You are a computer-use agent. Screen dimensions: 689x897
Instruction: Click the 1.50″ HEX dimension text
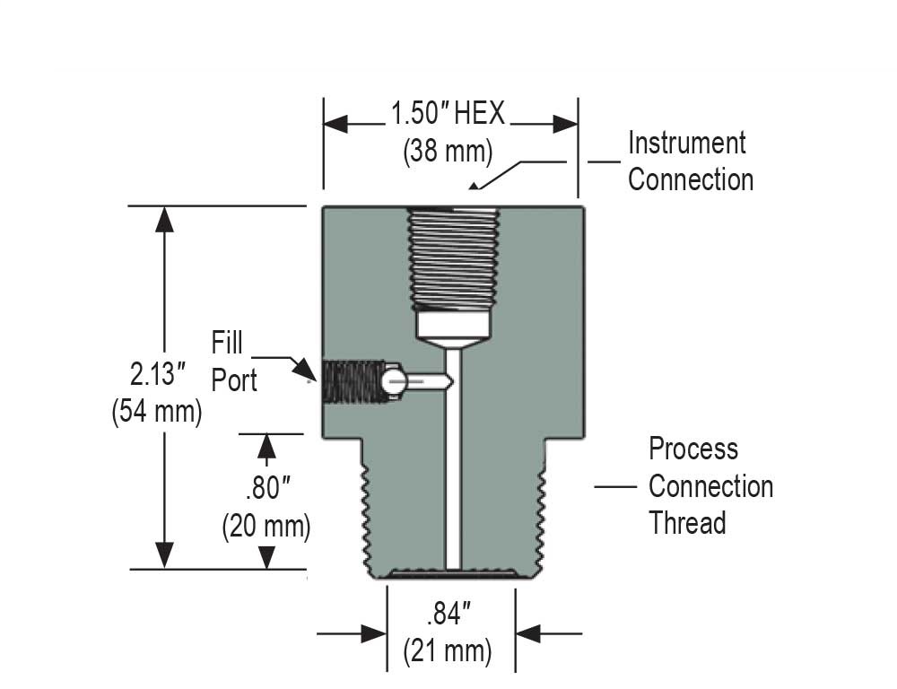click(x=448, y=115)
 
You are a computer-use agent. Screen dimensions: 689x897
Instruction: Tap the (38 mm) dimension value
click(x=448, y=152)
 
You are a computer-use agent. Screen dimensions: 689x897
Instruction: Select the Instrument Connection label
click(x=689, y=161)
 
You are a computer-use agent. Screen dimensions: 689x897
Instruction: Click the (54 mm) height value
click(x=156, y=413)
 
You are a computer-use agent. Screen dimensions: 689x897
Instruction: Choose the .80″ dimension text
click(x=266, y=489)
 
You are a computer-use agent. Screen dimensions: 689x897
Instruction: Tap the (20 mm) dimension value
click(x=266, y=527)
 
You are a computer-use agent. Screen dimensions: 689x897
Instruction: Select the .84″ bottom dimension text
click(x=448, y=615)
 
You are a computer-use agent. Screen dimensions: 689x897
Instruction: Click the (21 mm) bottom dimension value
click(x=448, y=650)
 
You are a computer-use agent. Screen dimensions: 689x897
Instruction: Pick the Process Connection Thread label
click(x=710, y=485)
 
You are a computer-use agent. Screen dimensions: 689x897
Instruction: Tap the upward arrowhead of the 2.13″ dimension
click(x=164, y=219)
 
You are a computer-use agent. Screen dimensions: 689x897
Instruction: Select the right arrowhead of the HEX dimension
click(x=565, y=124)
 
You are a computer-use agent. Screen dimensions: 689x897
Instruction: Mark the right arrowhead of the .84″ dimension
click(x=528, y=633)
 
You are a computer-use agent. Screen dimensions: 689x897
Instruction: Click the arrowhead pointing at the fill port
click(x=307, y=370)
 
